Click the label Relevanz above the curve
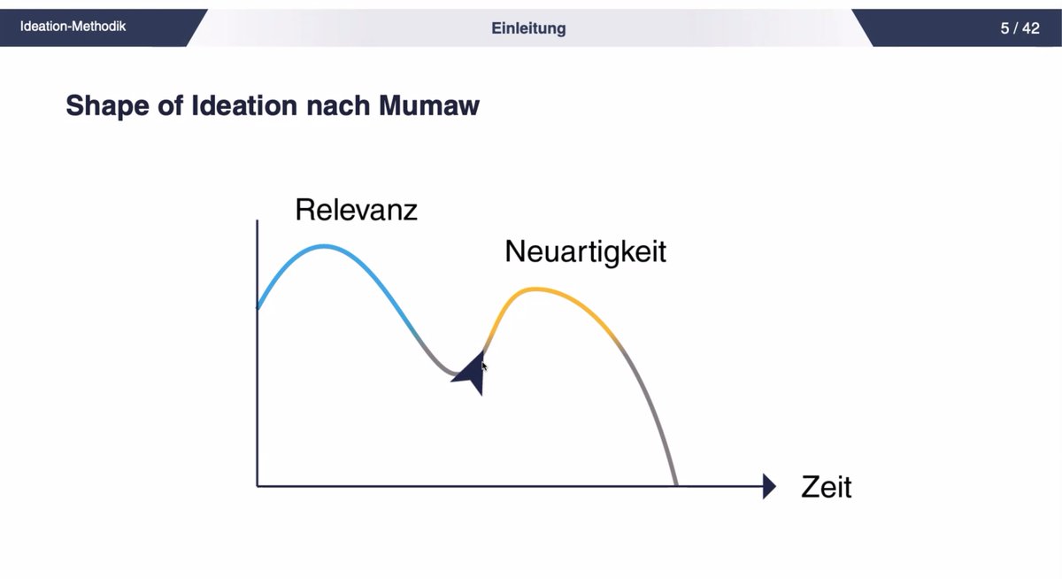tap(356, 211)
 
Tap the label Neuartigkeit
tap(585, 252)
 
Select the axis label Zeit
tap(826, 487)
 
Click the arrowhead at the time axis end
tap(769, 486)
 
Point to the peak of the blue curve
tap(324, 246)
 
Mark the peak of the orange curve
tap(533, 289)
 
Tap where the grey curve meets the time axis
tap(677, 485)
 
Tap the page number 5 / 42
tap(1020, 28)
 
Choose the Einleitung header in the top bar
tap(528, 28)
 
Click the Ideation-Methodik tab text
tap(73, 27)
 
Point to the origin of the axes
tap(258, 486)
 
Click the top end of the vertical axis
tap(257, 220)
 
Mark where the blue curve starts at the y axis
tap(258, 307)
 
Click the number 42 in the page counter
tap(1030, 28)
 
